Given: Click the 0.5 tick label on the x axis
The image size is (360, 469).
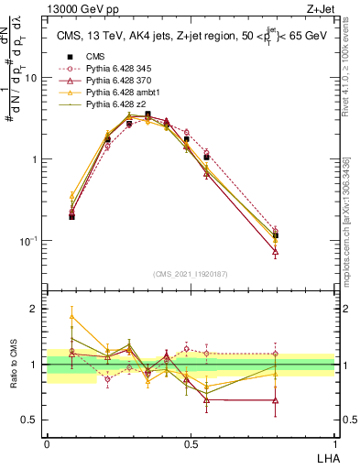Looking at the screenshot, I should click(x=191, y=444).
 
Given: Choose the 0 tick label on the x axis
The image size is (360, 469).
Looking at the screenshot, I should click(x=47, y=444).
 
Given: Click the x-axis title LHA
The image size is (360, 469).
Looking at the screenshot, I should click(x=324, y=457).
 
